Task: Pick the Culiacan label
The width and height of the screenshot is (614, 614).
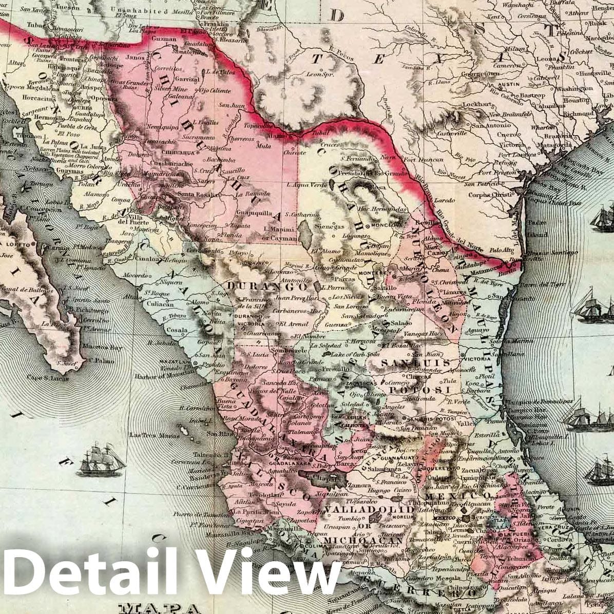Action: coord(158,304)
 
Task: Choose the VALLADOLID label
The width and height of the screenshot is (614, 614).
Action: coord(369,509)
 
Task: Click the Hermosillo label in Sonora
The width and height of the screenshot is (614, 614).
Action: coord(36,118)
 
